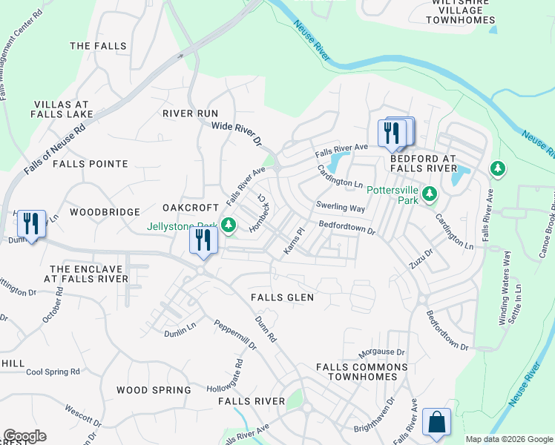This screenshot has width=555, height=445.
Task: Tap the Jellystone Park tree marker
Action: click(229, 224)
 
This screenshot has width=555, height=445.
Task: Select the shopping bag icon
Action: click(436, 421)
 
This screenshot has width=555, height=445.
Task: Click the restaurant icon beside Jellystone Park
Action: click(203, 240)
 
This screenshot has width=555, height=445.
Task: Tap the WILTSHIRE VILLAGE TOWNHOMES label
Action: click(461, 13)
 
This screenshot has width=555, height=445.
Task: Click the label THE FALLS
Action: click(98, 46)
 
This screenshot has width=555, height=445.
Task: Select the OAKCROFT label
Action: click(191, 208)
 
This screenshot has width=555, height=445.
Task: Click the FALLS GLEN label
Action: click(282, 297)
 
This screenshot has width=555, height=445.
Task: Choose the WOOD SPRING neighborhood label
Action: click(148, 389)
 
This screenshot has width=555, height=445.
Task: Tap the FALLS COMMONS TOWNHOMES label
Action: click(362, 372)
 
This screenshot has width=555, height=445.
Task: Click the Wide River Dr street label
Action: click(237, 133)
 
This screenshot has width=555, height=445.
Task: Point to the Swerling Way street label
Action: click(341, 208)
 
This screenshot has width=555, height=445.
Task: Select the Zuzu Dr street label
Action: click(420, 261)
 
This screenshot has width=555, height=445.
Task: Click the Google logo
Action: click(24, 436)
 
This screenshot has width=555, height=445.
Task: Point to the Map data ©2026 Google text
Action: click(508, 439)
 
